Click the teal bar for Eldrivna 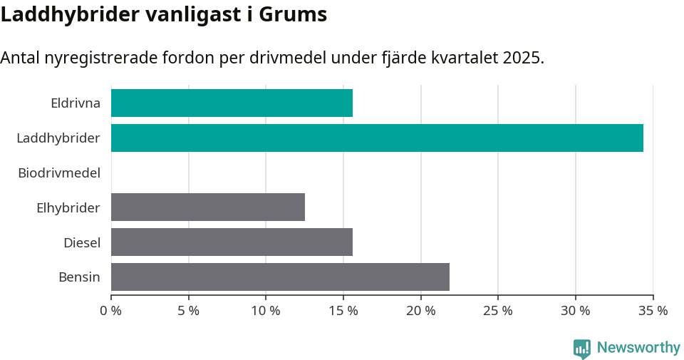click(232, 103)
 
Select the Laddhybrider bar click(377, 138)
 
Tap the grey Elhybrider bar click(208, 207)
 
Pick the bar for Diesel click(232, 242)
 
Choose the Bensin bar click(280, 277)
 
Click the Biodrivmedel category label click(58, 173)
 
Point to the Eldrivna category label click(75, 103)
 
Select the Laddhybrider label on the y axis click(58, 138)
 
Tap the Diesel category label click(81, 243)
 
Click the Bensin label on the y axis click(79, 277)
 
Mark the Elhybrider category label click(68, 208)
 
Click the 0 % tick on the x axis click(111, 311)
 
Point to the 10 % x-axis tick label click(266, 311)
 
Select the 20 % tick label click(420, 311)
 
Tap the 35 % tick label click(653, 311)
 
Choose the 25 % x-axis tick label click(498, 311)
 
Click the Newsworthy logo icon click(582, 348)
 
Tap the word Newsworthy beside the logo click(638, 348)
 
